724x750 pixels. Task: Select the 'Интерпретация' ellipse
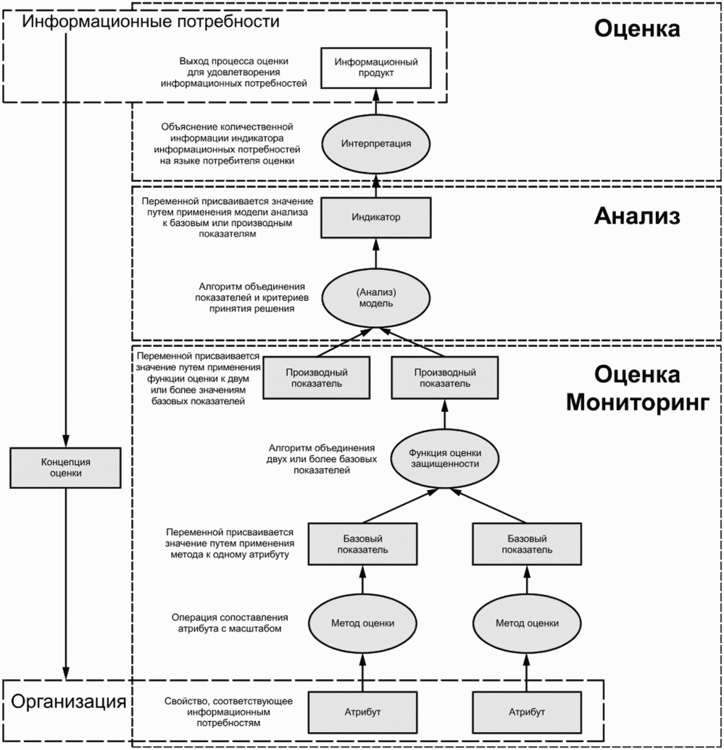376,143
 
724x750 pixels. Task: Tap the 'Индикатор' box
376,217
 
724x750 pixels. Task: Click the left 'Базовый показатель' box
363,544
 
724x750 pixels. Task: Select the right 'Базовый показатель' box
527,544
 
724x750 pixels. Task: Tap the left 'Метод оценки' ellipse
363,623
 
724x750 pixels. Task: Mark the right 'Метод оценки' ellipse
527,623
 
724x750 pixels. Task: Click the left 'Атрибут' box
363,712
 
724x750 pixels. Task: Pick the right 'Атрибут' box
527,712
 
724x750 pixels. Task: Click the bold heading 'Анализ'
637,216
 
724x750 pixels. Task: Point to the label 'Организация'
70,702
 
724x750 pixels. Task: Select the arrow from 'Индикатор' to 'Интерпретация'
376,185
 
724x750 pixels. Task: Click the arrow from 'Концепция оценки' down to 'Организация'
66,579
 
